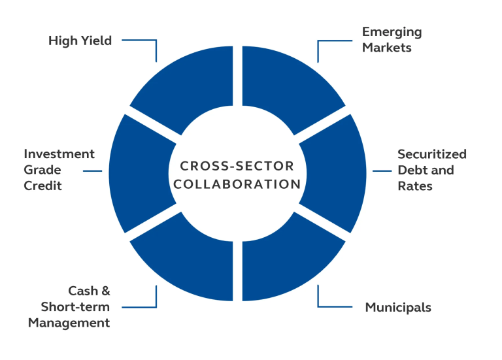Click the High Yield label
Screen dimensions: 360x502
(80, 41)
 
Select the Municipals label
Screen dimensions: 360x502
(397, 307)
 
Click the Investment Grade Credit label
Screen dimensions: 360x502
(59, 170)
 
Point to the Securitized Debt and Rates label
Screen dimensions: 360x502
(431, 170)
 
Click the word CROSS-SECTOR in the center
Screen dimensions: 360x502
(237, 166)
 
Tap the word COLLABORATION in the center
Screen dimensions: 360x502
(237, 184)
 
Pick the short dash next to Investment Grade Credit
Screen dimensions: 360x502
(92, 171)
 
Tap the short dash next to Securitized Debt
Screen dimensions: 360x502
(382, 171)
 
